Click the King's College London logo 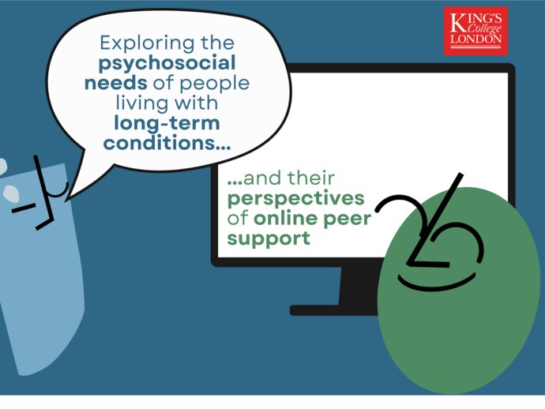475,31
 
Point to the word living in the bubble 141,103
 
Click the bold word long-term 167,123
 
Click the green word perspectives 295,197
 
